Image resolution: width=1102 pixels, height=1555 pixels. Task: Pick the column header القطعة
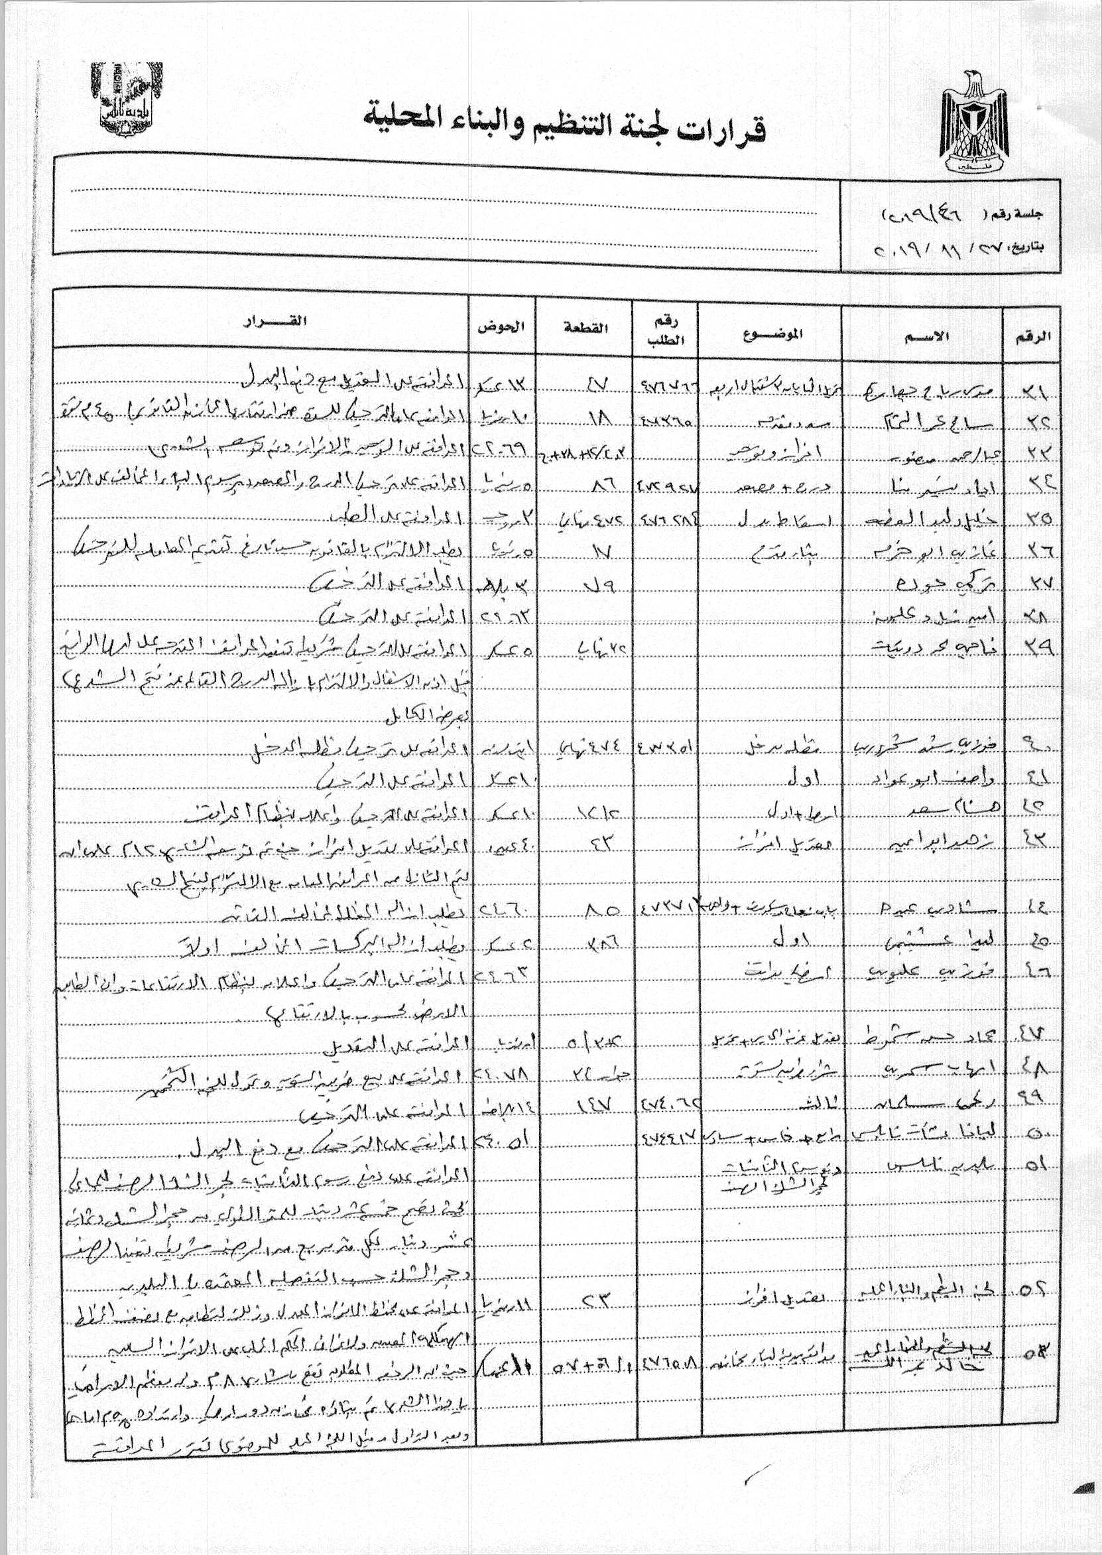[x=585, y=328]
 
